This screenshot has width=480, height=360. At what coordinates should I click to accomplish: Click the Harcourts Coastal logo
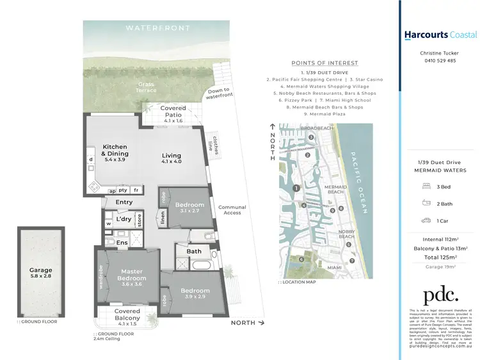pos(440,35)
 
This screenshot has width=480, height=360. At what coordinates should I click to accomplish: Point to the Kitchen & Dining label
pos(115,150)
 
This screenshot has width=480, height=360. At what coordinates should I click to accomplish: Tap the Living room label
pos(172,156)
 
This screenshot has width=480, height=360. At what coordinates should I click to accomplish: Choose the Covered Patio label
pos(173,112)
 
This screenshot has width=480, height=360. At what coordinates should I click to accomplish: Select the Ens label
pos(122,243)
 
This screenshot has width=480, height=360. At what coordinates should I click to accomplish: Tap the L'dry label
pos(124,220)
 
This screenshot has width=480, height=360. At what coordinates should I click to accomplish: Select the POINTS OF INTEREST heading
pos(324,63)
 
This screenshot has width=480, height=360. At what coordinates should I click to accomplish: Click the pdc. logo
pos(440,295)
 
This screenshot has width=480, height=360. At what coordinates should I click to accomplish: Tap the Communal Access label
pos(232,209)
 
